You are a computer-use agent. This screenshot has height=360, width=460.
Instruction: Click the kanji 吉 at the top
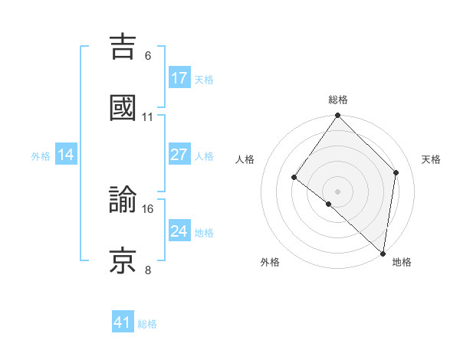point(123,47)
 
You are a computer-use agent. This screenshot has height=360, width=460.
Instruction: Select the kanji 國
point(123,108)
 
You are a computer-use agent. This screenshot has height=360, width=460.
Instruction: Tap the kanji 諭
point(123,200)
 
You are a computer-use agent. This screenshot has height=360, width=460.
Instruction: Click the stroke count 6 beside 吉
point(148,55)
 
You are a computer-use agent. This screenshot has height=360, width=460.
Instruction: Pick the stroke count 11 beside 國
point(148,116)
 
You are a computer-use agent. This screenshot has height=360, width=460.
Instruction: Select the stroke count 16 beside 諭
point(148,208)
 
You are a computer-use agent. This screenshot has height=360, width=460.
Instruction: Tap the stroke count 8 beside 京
point(148,270)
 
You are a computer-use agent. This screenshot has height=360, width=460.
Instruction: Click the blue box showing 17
point(179,78)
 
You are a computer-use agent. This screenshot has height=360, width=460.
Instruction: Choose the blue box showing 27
point(179,155)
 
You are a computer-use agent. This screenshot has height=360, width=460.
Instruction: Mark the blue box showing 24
point(179,231)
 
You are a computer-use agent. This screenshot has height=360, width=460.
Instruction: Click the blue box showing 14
point(66,155)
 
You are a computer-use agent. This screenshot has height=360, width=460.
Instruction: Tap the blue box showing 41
point(123,322)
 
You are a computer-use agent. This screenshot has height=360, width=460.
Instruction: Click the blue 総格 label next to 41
point(147,324)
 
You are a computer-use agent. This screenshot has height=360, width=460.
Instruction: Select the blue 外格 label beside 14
point(41,155)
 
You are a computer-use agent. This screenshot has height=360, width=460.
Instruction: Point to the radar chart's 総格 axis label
point(338,100)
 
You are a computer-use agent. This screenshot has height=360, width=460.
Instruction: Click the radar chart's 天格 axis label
point(431,159)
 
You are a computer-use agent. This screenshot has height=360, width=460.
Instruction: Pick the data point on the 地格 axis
point(383,253)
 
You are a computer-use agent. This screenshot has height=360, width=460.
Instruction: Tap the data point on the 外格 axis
point(328,204)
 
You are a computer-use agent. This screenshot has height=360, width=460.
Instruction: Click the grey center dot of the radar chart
point(338,191)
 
